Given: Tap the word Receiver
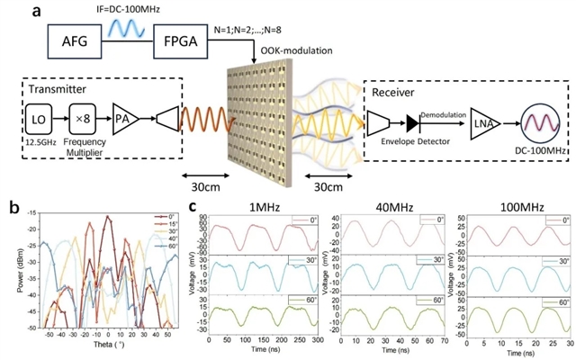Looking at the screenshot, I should [390, 93].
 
